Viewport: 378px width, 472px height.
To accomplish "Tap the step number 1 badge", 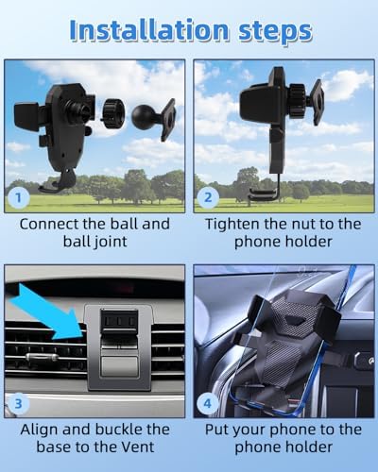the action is [x=19, y=198].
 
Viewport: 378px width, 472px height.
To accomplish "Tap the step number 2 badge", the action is [x=208, y=197].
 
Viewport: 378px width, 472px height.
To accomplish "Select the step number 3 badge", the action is [x=19, y=403].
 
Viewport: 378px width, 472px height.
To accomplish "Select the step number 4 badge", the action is [x=208, y=403].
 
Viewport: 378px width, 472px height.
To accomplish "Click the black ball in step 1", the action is [x=142, y=116].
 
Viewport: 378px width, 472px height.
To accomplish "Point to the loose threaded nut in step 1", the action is [x=112, y=113].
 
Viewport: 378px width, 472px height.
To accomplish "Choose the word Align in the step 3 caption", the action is [x=40, y=430].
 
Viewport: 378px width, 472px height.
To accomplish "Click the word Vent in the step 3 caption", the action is [x=139, y=447].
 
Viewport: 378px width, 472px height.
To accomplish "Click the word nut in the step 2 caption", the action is [x=304, y=225].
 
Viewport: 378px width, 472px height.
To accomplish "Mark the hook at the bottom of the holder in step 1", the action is [x=59, y=183].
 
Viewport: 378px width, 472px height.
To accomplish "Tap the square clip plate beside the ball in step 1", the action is [x=168, y=120].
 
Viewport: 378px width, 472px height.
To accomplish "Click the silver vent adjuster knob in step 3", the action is [x=43, y=357].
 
